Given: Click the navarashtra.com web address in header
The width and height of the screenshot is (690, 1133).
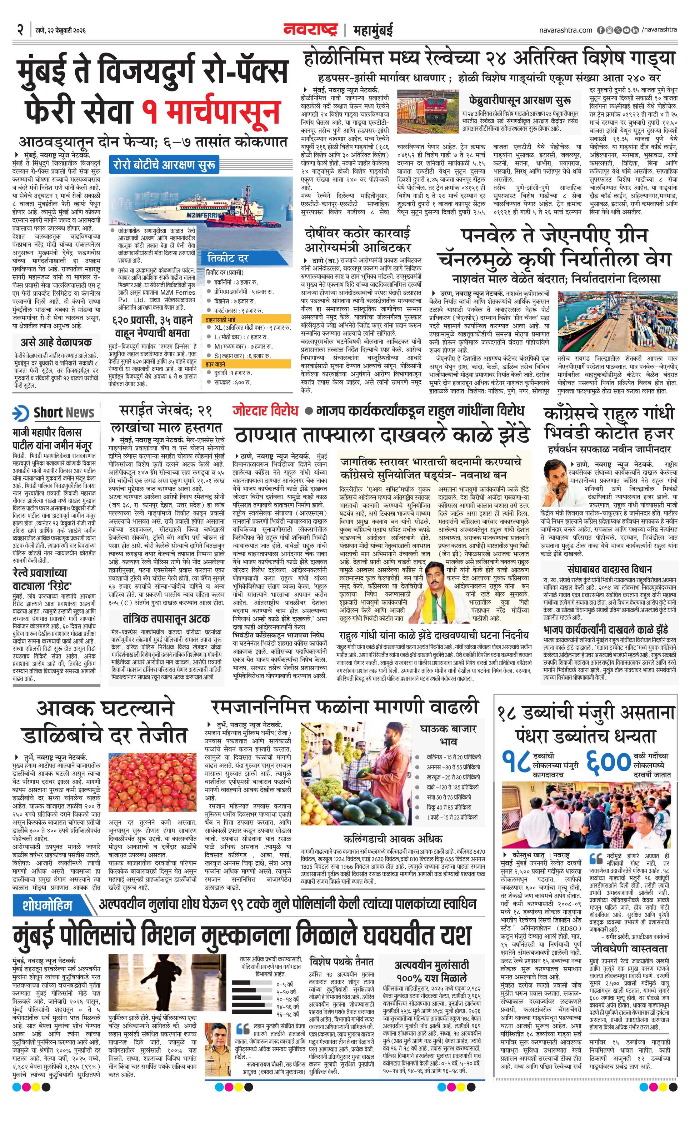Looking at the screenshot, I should [565, 30].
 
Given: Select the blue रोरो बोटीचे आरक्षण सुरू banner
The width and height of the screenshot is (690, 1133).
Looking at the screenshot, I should [164, 165].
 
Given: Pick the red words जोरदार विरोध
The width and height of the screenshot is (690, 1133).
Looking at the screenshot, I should [265, 410].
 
